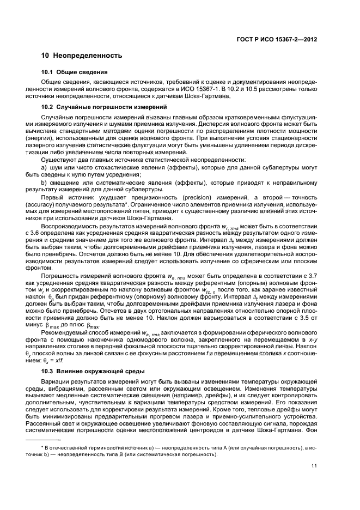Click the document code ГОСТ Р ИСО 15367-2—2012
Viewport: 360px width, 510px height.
(x=284, y=40)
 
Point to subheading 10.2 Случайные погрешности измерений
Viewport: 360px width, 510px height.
(x=101, y=106)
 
